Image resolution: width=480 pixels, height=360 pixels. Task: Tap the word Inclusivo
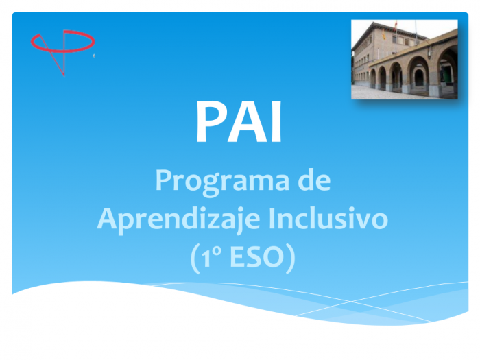[328, 218]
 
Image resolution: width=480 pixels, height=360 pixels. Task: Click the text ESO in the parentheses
[256, 257]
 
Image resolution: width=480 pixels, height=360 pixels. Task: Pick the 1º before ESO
[211, 257]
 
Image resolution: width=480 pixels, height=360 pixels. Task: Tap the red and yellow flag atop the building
[396, 25]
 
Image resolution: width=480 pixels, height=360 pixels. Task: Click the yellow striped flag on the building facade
[383, 34]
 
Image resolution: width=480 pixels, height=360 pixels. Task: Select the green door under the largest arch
[447, 74]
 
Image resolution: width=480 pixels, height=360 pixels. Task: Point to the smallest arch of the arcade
[373, 78]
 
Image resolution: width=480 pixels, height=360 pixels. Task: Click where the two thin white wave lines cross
[351, 302]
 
